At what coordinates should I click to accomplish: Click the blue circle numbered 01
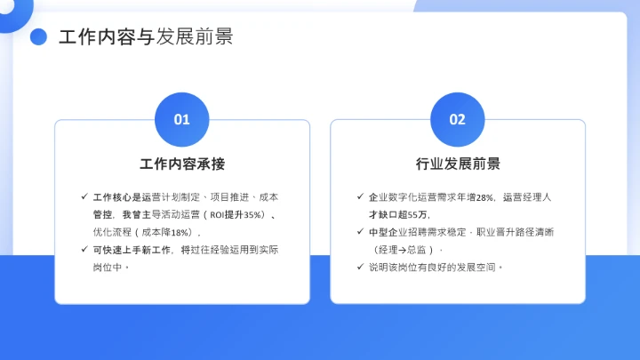pyautogui.click(x=181, y=119)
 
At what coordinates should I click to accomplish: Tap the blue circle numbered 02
pyautogui.click(x=457, y=119)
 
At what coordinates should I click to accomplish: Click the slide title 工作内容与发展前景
pyautogui.click(x=146, y=36)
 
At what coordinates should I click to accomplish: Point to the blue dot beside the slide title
pyautogui.click(x=38, y=36)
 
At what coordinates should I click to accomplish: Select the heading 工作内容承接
pyautogui.click(x=182, y=164)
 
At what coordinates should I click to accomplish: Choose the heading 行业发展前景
pyautogui.click(x=458, y=164)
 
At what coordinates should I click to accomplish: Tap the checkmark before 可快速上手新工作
pyautogui.click(x=84, y=250)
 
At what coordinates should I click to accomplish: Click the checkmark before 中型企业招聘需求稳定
pyautogui.click(x=358, y=233)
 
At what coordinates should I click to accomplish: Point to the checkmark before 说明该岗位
pyautogui.click(x=358, y=267)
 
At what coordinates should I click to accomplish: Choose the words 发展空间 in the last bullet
pyautogui.click(x=482, y=267)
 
